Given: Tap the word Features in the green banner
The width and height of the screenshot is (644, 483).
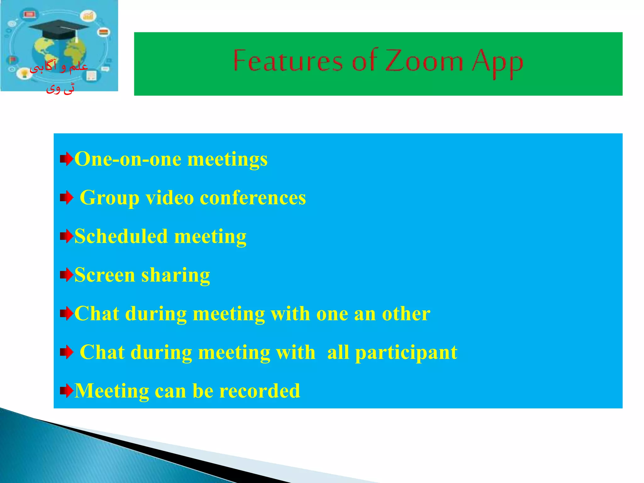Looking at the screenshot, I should [x=287, y=61].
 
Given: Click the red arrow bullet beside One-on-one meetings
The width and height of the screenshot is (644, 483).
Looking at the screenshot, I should [x=66, y=159].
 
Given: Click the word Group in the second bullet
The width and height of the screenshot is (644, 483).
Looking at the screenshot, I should [x=109, y=198].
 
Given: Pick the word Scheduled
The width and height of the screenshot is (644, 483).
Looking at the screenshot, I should [x=121, y=236].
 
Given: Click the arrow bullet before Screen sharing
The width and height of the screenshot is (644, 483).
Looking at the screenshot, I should [x=66, y=275].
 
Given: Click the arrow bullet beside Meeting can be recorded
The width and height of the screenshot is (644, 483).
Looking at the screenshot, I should [x=66, y=391].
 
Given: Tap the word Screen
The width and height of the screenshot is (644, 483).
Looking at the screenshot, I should [x=104, y=275].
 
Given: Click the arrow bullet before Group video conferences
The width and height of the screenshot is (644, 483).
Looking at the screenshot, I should [x=66, y=198].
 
